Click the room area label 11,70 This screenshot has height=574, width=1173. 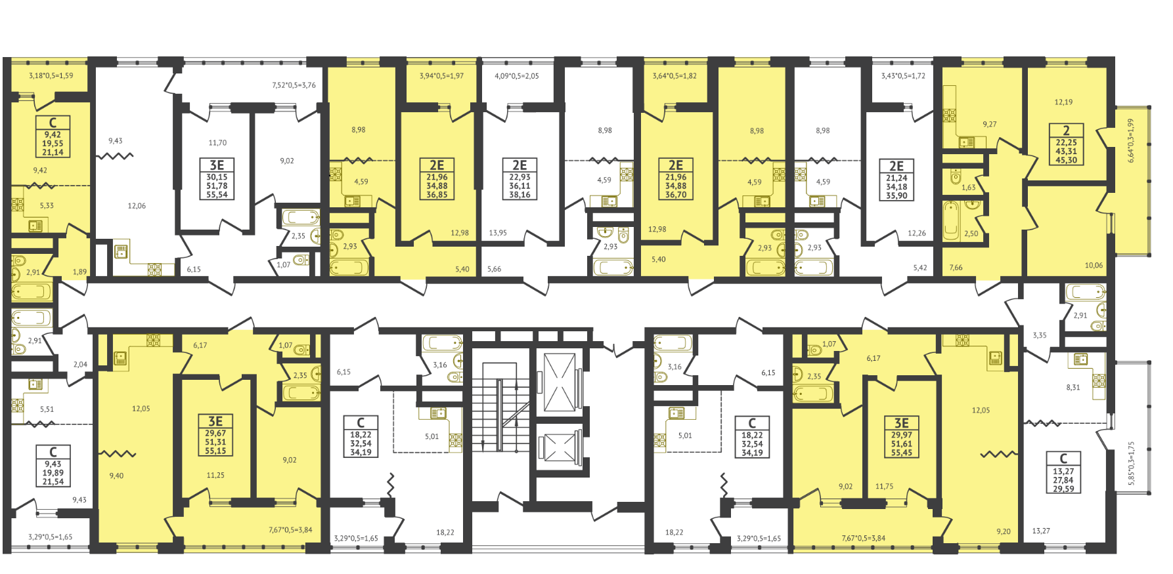tap(217, 142)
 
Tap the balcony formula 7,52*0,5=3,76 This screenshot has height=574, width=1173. tap(294, 85)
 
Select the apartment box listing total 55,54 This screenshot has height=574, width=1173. tap(217, 178)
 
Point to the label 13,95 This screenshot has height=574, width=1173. tap(498, 233)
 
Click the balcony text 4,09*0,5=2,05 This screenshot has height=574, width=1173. tap(516, 76)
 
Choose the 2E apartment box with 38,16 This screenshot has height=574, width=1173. tap(520, 178)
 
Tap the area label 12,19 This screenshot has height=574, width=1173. tap(1063, 102)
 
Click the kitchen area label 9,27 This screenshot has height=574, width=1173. tap(990, 124)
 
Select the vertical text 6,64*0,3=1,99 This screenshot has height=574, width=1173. tap(1131, 140)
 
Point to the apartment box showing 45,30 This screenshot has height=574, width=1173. tap(1066, 144)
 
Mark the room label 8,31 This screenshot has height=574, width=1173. tap(1073, 388)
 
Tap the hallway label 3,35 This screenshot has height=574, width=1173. tap(1040, 335)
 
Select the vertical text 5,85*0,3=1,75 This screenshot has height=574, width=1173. tap(1131, 463)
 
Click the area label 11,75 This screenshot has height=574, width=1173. tap(885, 487)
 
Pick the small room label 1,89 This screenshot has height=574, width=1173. tap(79, 272)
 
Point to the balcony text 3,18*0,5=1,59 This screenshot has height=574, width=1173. tap(51, 76)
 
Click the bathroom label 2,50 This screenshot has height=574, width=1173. tap(971, 234)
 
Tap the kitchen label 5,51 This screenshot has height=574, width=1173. tap(47, 409)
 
